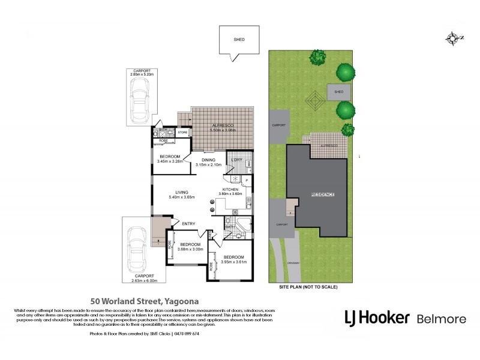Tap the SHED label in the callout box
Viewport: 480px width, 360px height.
pyautogui.click(x=239, y=40)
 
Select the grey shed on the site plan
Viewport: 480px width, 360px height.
pyautogui.click(x=338, y=92)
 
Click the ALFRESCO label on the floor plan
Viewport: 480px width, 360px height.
pyautogui.click(x=223, y=125)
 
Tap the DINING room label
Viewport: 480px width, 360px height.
pyautogui.click(x=208, y=160)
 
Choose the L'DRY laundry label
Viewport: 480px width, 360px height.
pyautogui.click(x=236, y=159)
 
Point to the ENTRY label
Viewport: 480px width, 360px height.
pyautogui.click(x=188, y=224)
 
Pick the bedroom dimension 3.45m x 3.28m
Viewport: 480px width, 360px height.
pyautogui.click(x=170, y=161)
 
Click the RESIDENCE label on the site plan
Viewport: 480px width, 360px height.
pyautogui.click(x=322, y=196)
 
